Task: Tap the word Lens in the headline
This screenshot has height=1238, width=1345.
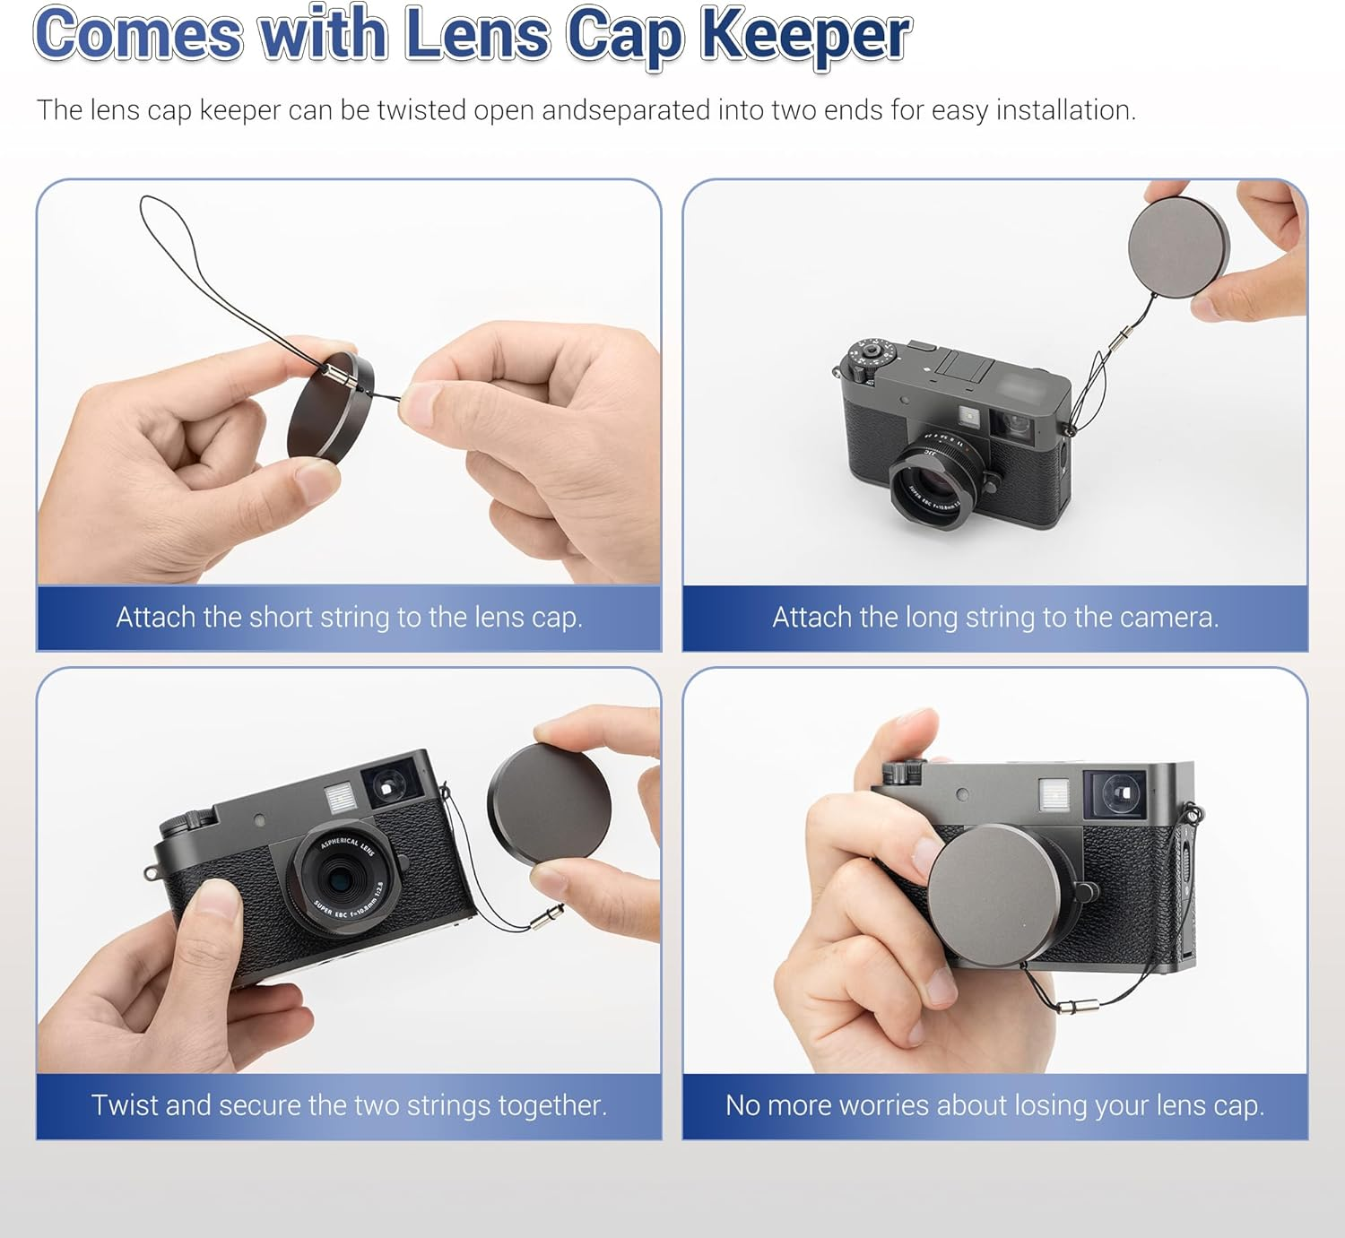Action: tap(476, 36)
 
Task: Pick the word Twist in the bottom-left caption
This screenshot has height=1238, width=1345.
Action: tap(125, 1104)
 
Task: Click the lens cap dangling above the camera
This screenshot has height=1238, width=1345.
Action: tap(1178, 245)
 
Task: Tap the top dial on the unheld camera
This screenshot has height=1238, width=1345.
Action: tap(872, 356)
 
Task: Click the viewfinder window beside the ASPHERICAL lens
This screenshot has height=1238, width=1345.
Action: tap(390, 783)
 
